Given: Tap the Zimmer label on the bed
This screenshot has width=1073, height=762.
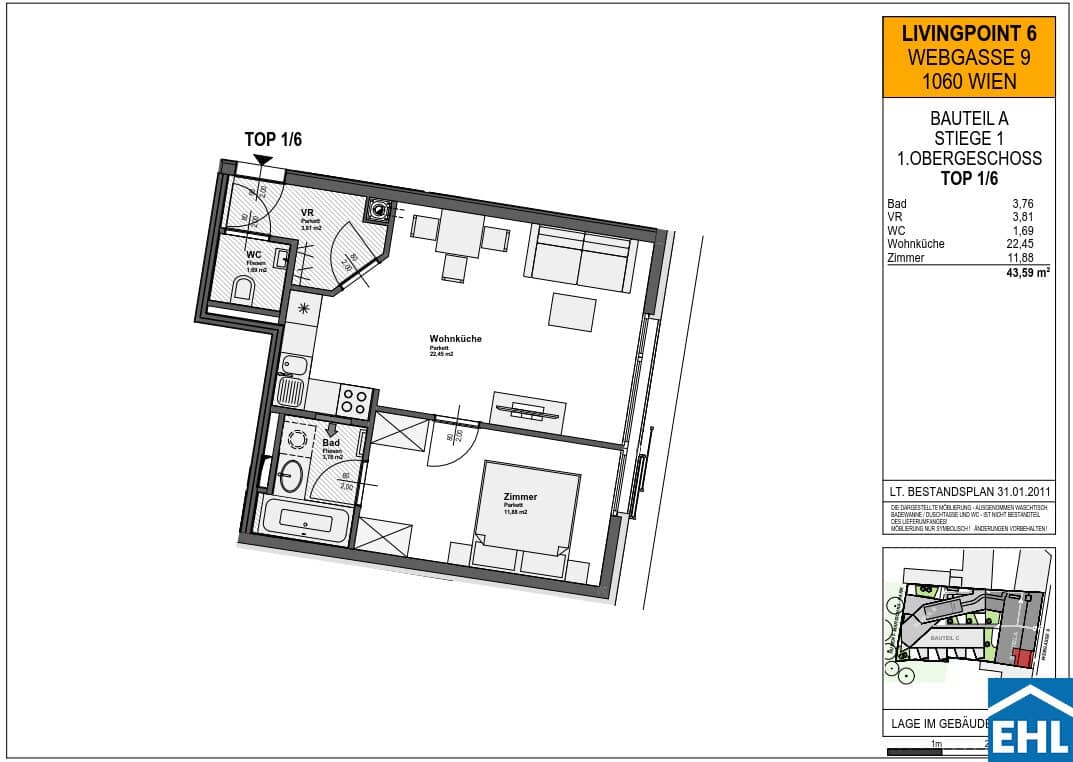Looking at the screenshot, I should click(520, 497).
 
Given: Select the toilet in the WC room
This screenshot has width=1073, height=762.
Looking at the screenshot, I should click(242, 292).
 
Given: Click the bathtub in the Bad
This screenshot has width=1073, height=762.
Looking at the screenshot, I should click(306, 520).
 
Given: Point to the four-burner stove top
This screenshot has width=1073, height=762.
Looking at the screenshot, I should click(354, 400).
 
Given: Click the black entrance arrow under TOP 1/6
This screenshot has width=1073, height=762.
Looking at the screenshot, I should click(262, 159).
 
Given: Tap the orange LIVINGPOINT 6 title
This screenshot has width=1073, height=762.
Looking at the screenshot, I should click(968, 34).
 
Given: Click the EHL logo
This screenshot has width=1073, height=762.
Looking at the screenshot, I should click(1029, 721).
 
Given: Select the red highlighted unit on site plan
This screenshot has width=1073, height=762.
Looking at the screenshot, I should click(1021, 657).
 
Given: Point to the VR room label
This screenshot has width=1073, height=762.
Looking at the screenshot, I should click(308, 213).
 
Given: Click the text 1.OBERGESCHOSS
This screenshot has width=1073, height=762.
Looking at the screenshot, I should click(968, 158).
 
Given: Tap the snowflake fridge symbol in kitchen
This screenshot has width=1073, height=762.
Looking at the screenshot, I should click(302, 310).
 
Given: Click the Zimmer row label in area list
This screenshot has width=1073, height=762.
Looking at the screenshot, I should click(906, 257).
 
